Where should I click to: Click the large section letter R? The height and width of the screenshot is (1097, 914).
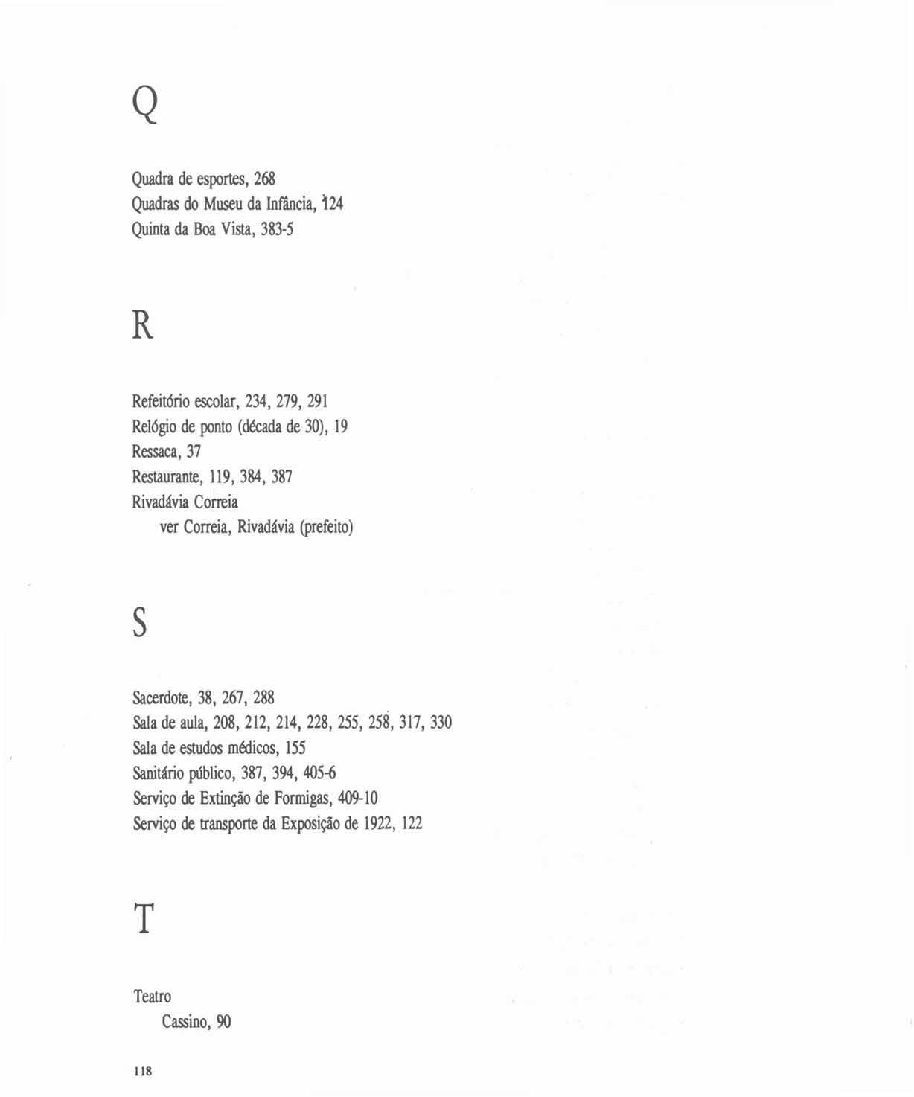pyautogui.click(x=142, y=325)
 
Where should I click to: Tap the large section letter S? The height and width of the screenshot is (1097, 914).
pyautogui.click(x=140, y=621)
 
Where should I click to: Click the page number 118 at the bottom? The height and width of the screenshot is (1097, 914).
pyautogui.click(x=142, y=1072)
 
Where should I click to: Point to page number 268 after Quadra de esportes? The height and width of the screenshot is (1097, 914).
pyautogui.click(x=264, y=179)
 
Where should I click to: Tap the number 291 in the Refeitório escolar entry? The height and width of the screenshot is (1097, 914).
pyautogui.click(x=318, y=401)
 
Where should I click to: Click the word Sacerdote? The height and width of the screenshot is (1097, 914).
pyautogui.click(x=162, y=698)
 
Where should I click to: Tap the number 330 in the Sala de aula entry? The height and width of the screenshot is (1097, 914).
pyautogui.click(x=441, y=723)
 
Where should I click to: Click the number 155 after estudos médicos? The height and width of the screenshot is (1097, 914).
pyautogui.click(x=295, y=748)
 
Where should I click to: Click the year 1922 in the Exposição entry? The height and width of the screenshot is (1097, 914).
pyautogui.click(x=379, y=824)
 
